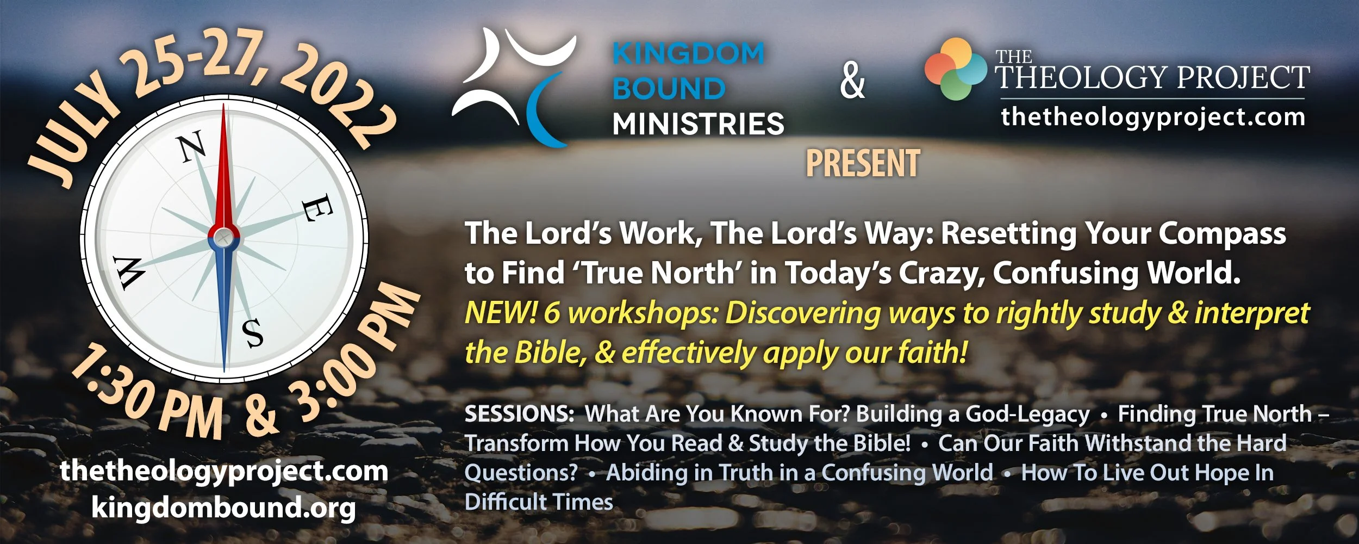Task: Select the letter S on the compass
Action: (x=253, y=333)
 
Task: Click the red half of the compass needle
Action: (x=223, y=174)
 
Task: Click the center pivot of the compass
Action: (x=223, y=237)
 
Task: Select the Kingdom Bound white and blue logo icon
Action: (x=514, y=87)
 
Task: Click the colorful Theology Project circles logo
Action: (x=955, y=69)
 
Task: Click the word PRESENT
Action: (x=863, y=163)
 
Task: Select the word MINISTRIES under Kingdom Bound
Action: (x=698, y=124)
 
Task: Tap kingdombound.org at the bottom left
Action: (x=223, y=508)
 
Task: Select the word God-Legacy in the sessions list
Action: (x=1027, y=414)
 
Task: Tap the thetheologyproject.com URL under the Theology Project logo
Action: (x=1152, y=117)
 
